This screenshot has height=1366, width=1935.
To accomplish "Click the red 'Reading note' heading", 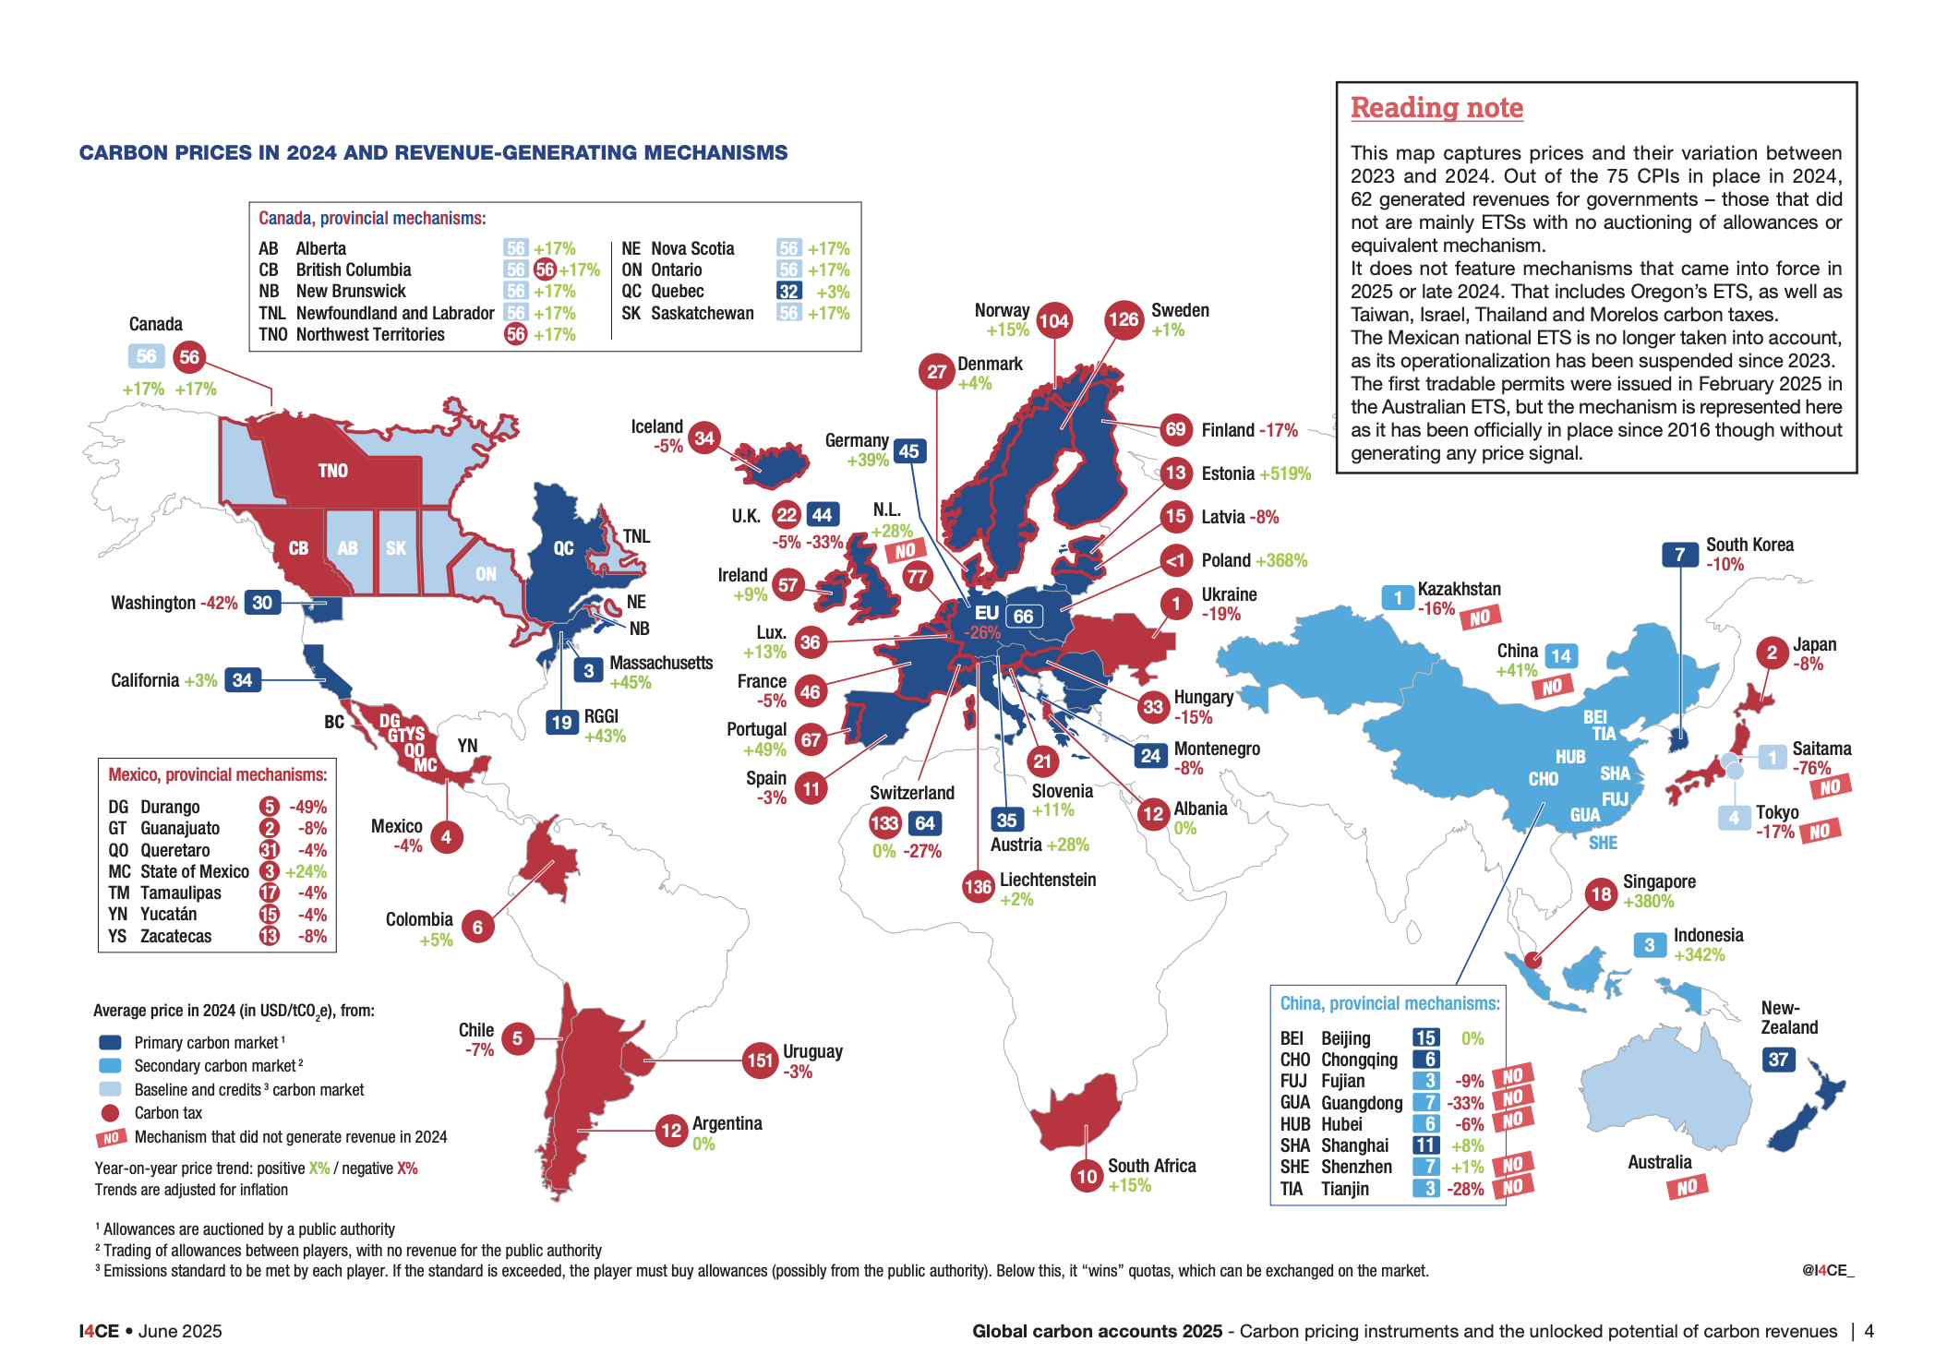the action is click(1436, 108).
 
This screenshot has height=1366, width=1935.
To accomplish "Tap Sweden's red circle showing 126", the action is click(1124, 319).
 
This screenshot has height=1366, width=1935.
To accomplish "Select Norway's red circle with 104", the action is click(1053, 320).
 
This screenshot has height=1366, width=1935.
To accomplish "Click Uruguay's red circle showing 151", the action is click(760, 1060).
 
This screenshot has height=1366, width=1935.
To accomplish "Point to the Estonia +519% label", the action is click(1256, 473).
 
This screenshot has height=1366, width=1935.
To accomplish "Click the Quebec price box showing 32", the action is click(788, 292).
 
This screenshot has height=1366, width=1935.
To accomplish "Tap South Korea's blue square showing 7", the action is click(1680, 555).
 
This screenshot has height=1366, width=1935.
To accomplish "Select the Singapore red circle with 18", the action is click(1602, 893).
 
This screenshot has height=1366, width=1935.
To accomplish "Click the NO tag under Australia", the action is click(1687, 1187).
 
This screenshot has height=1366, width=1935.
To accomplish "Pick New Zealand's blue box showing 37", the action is click(1779, 1060).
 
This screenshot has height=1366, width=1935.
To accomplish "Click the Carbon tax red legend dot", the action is click(110, 1113).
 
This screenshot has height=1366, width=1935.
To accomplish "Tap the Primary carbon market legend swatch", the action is click(110, 1042).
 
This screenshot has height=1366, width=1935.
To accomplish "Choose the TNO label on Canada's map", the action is click(333, 471).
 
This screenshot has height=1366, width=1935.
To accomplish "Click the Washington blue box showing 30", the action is click(263, 603).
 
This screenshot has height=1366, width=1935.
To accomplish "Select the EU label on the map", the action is click(987, 612).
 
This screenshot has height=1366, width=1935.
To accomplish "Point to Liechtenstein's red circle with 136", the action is click(978, 887).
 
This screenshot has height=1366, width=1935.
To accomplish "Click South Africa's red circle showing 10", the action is click(1088, 1176).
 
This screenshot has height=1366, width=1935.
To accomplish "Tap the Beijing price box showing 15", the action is click(1425, 1037).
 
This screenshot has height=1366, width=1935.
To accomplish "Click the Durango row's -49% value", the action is click(308, 807).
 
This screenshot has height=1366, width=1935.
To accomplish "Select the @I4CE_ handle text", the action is click(1828, 1270).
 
